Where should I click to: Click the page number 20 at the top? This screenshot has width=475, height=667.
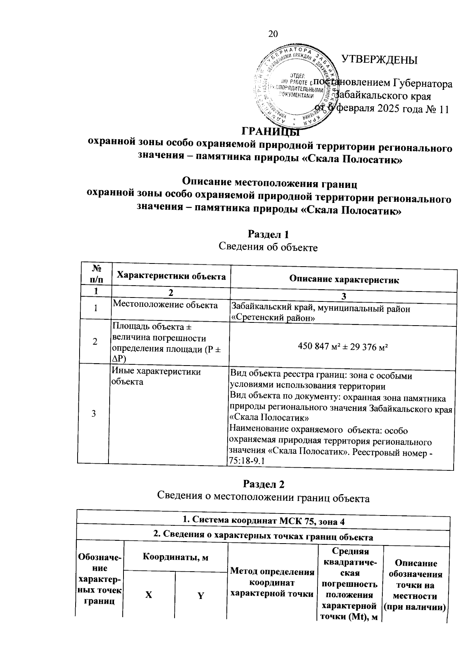click(x=273, y=34)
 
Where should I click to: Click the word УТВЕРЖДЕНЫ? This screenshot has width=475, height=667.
click(x=379, y=60)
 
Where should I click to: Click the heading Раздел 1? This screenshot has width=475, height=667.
click(x=268, y=234)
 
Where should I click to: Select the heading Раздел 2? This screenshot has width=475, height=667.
click(x=264, y=485)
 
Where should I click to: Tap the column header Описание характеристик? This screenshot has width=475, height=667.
click(x=344, y=280)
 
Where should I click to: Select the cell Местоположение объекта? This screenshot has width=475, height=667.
click(x=165, y=305)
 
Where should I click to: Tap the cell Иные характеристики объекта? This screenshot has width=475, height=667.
click(x=156, y=377)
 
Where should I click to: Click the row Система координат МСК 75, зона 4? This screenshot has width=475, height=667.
click(x=263, y=521)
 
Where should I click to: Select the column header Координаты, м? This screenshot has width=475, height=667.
click(x=175, y=557)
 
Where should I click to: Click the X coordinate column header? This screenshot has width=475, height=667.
click(x=148, y=595)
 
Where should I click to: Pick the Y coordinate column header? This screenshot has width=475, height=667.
click(x=201, y=596)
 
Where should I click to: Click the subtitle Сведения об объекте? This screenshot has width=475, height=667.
click(x=268, y=247)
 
